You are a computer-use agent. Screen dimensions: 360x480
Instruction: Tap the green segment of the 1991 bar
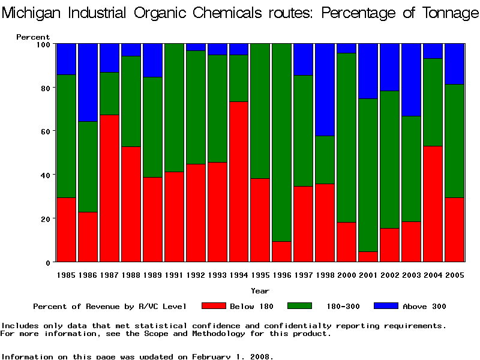click(174, 107)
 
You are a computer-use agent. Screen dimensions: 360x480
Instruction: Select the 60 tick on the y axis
click(44, 131)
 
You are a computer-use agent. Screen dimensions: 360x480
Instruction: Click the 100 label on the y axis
click(41, 44)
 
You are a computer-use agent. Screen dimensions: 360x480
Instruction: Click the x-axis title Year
click(260, 291)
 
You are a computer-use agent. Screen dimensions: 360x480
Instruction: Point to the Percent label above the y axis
click(33, 37)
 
